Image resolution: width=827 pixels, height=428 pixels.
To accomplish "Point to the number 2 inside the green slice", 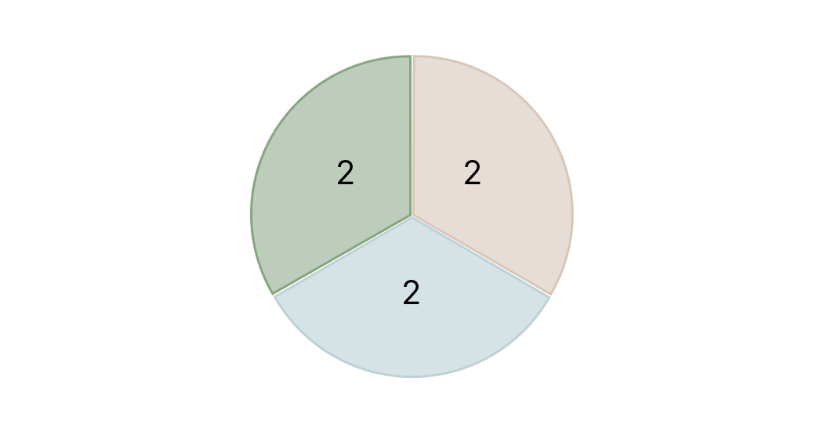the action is point(345,173).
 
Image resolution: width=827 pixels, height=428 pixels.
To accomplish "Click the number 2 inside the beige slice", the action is point(472,173).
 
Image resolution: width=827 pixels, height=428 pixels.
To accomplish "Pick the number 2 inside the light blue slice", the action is point(412,293).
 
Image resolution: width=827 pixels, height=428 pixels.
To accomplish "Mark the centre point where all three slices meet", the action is point(412,215).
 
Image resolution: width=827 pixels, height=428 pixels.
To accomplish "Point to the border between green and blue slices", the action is point(342,256).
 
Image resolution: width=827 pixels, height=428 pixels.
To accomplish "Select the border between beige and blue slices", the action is point(481,256).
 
